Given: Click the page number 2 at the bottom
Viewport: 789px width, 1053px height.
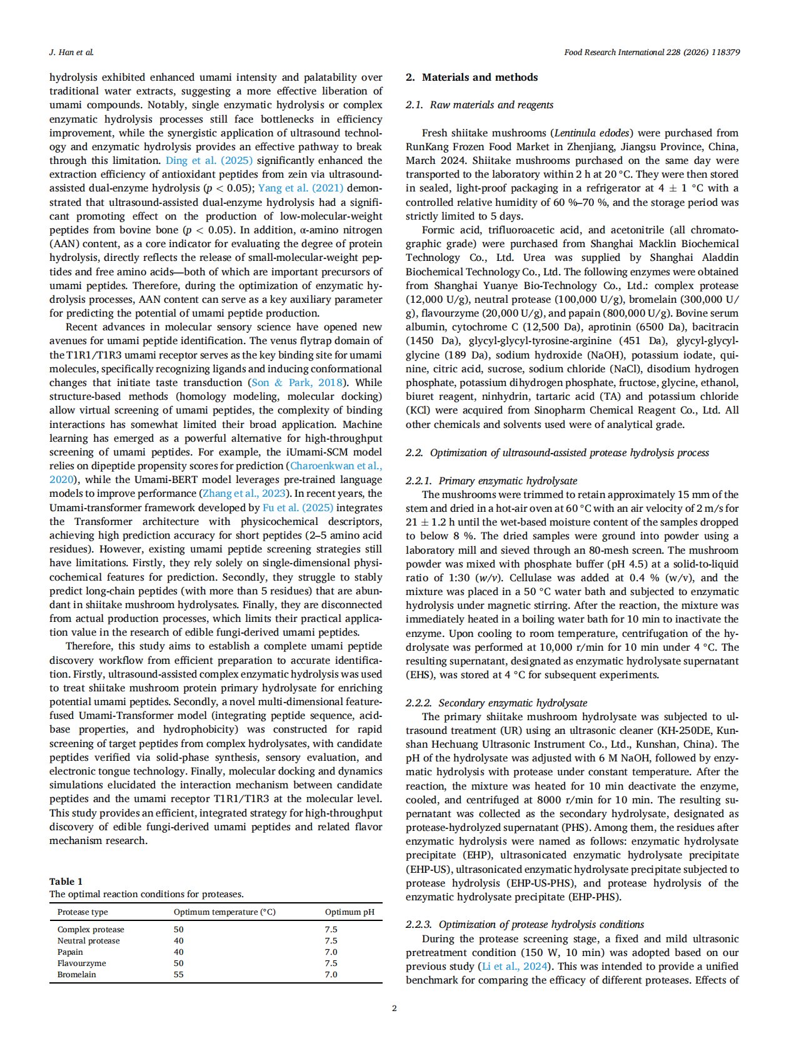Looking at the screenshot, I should pyautogui.click(x=394, y=1008).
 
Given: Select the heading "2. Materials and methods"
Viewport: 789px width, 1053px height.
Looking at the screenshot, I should pyautogui.click(x=471, y=78).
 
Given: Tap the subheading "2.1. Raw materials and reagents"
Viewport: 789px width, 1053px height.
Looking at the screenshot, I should pyautogui.click(x=479, y=105).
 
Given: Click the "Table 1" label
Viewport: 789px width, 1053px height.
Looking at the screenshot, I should pyautogui.click(x=66, y=881).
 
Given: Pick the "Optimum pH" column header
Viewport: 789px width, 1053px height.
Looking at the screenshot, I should pyautogui.click(x=349, y=912).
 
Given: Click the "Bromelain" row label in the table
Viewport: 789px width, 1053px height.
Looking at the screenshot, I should pyautogui.click(x=76, y=974).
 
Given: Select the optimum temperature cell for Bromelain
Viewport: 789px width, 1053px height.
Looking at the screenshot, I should pyautogui.click(x=179, y=974).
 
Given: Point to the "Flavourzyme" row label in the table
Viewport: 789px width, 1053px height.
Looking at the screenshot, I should pyautogui.click(x=81, y=963).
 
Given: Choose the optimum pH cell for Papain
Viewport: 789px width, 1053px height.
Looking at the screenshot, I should pyautogui.click(x=331, y=952).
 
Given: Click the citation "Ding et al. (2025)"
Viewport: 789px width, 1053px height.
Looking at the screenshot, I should pyautogui.click(x=209, y=161).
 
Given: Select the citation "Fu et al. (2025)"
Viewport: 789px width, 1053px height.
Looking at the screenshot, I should pyautogui.click(x=298, y=508).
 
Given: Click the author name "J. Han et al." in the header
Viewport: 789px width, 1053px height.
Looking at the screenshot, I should pyautogui.click(x=71, y=53).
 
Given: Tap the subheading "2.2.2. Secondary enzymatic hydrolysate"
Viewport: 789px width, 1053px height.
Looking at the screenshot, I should pyautogui.click(x=496, y=703).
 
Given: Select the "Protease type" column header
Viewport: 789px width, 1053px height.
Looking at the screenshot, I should pyautogui.click(x=83, y=912).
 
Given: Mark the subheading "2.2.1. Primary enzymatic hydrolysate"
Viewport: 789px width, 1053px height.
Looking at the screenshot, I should pyautogui.click(x=491, y=481).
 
